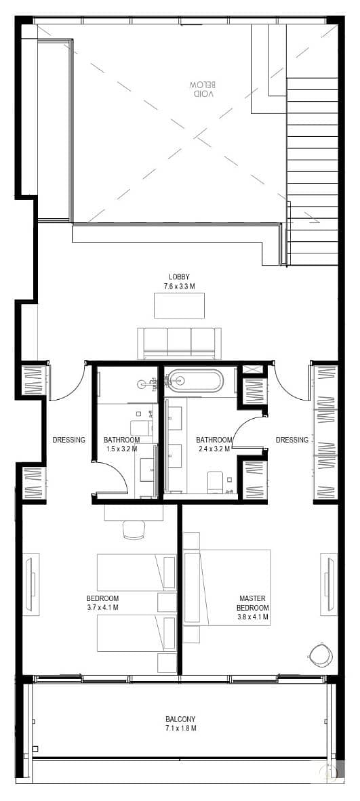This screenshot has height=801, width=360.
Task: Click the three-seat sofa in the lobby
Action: tap(179, 343)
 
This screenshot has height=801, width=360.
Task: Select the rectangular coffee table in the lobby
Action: tap(179, 306)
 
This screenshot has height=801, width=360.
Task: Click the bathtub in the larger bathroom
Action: tap(197, 381)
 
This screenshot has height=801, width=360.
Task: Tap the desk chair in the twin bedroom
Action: tap(134, 530)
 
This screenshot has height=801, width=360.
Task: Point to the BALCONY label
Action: tap(180, 719)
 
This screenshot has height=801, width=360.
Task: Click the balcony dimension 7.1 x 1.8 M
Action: tap(180, 728)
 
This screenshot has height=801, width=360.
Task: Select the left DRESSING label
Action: tap(69, 439)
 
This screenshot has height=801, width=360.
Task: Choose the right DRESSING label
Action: tap(292, 439)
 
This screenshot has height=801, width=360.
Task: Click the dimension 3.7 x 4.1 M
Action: tap(103, 607)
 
